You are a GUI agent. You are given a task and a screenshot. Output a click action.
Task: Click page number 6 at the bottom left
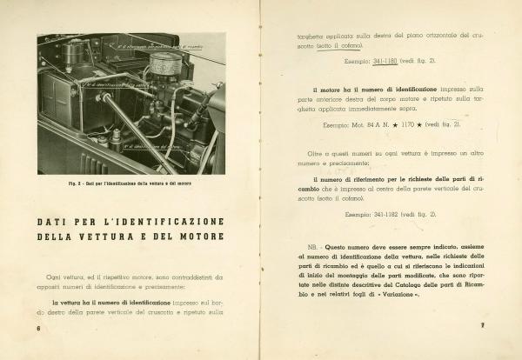click(39, 329)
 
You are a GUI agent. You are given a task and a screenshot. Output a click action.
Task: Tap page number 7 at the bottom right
click(481, 327)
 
